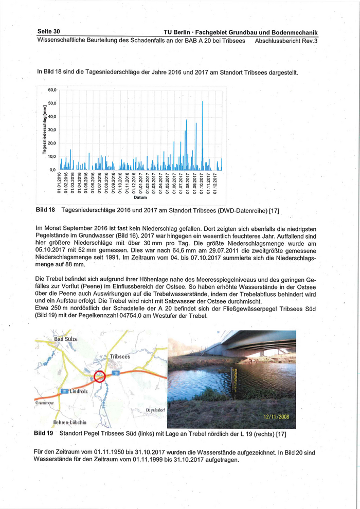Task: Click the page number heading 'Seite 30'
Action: pos(49,32)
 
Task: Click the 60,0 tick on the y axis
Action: pos(51,90)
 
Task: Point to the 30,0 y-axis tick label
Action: pos(51,130)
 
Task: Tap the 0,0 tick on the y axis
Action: pos(51,170)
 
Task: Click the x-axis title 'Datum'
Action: pos(140,197)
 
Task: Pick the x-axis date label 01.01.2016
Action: pos(60,183)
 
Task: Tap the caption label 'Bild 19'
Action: pos(44,433)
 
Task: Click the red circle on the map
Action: pos(99,377)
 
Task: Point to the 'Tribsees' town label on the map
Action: pos(119,356)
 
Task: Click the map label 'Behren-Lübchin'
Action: pos(70,422)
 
